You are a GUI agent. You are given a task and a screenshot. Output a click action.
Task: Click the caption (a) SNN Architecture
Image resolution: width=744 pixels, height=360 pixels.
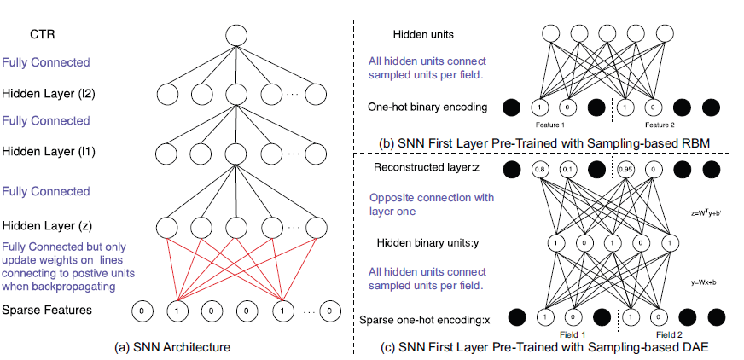point(177,346)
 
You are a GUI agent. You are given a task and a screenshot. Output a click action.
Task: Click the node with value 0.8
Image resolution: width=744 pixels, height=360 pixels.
point(539,169)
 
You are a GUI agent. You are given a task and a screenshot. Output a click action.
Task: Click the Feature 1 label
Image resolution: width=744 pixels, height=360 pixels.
point(551,125)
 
